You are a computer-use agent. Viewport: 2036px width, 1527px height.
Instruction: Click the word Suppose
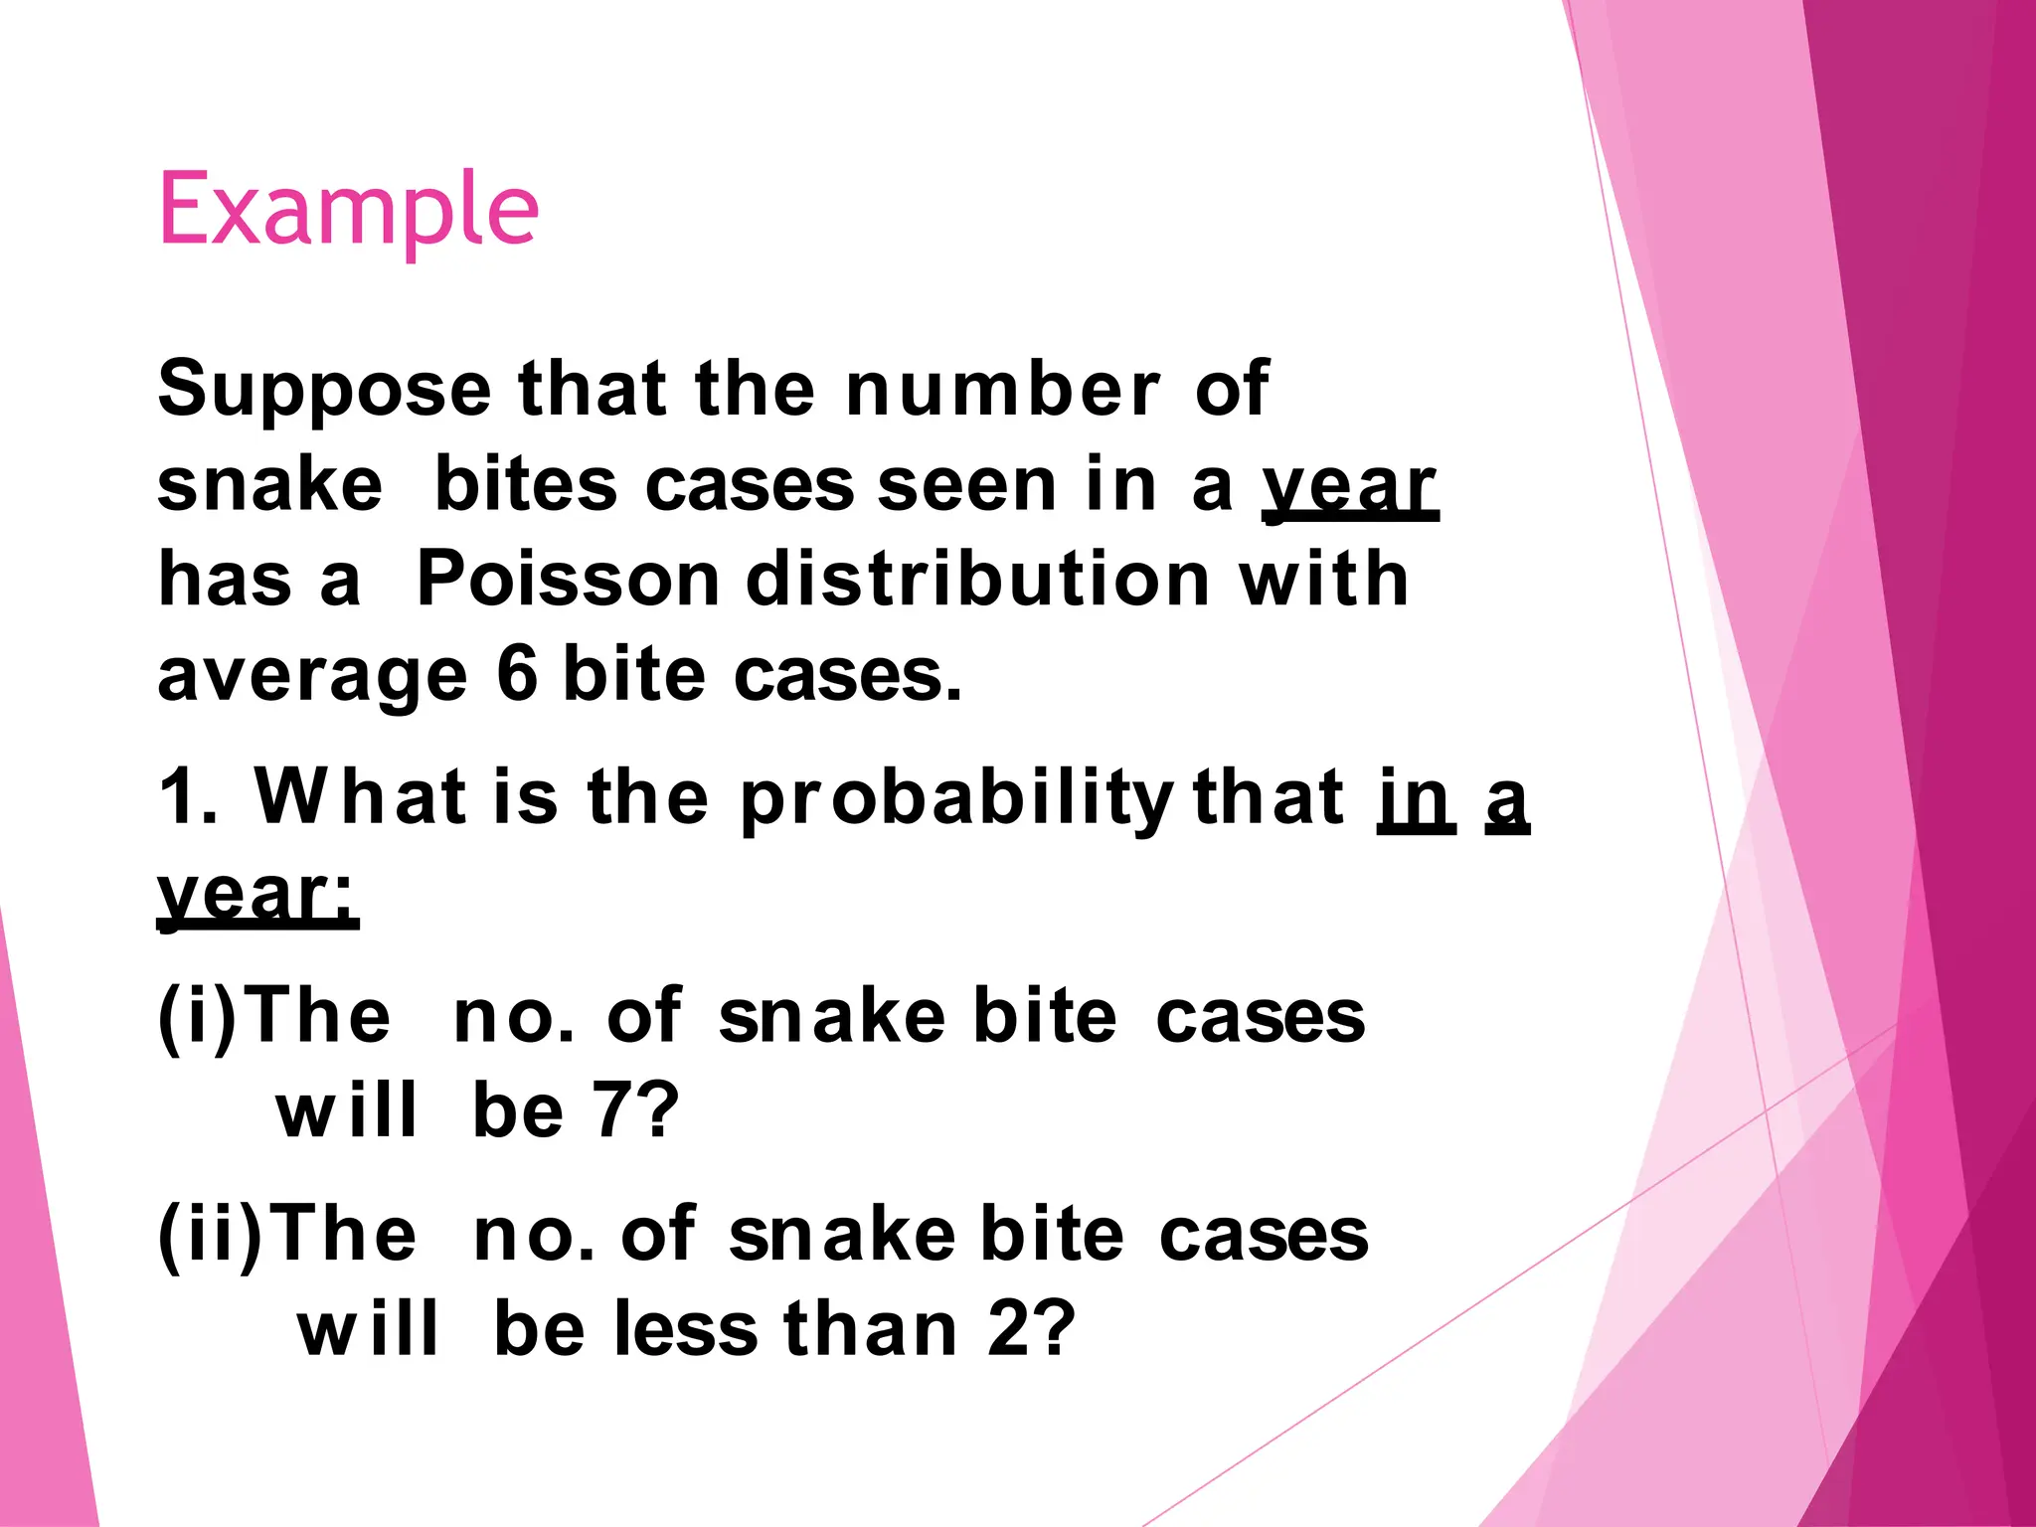[324, 390]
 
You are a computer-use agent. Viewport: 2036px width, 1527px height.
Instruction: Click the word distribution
[977, 579]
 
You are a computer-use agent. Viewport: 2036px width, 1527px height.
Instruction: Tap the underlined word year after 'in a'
[1349, 487]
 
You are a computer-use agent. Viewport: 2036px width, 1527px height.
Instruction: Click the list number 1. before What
[187, 797]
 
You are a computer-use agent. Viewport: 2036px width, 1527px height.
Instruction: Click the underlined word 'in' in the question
[1416, 797]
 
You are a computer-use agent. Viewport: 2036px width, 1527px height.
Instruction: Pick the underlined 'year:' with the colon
[257, 895]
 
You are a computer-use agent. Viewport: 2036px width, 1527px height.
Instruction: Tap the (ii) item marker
[209, 1236]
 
